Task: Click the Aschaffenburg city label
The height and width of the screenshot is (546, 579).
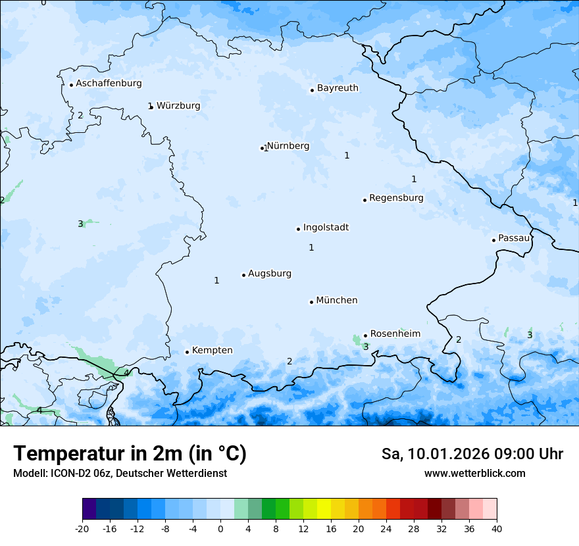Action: pos(109,84)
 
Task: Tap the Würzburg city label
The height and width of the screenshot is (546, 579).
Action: pos(178,106)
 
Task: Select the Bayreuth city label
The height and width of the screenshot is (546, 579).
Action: pos(338,88)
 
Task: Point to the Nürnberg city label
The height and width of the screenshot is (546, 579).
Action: pos(288,146)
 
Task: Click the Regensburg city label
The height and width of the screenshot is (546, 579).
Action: pos(396,198)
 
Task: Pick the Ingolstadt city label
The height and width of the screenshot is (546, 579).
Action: pos(326,228)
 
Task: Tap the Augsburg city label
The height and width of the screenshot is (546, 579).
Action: pos(270,274)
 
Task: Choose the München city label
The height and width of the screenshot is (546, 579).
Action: pos(337,301)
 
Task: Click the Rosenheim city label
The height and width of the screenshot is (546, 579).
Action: pos(395,334)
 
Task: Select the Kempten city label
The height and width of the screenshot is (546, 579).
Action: pos(212,351)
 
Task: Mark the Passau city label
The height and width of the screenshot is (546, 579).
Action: pos(513,238)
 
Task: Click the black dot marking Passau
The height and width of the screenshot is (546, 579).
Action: pos(493,240)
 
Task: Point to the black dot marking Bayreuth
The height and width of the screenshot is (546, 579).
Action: pos(312,90)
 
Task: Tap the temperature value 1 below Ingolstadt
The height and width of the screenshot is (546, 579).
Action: pos(311,248)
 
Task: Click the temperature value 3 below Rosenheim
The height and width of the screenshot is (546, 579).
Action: pos(366,347)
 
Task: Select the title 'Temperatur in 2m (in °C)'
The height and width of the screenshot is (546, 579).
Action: pos(130,453)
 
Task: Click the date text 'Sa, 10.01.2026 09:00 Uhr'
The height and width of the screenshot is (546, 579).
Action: pos(472,454)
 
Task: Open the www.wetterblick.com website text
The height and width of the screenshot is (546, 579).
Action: pos(474,473)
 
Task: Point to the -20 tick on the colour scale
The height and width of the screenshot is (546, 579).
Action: pos(82,528)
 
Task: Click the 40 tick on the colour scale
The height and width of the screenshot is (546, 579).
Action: pos(497,528)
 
